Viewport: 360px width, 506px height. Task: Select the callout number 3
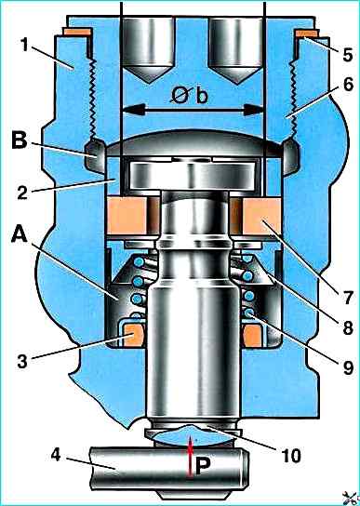[22, 361]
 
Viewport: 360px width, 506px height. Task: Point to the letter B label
[20, 142]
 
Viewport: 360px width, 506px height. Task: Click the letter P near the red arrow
[203, 468]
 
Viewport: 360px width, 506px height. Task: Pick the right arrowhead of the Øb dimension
[254, 110]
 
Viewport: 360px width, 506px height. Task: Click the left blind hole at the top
[149, 48]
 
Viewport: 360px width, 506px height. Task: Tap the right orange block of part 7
[261, 216]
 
